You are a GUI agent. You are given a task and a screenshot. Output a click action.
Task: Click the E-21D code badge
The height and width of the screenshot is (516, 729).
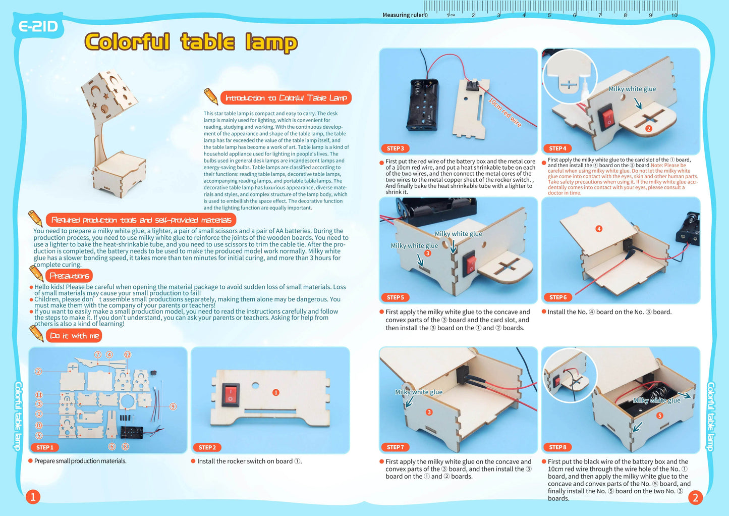tap(38, 26)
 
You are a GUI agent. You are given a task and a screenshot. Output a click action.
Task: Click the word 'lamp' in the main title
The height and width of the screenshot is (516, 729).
tap(271, 42)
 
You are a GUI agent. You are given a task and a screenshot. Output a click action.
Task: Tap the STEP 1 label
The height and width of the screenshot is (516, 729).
tap(45, 447)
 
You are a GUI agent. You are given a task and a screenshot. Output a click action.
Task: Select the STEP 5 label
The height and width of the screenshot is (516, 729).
tap(395, 297)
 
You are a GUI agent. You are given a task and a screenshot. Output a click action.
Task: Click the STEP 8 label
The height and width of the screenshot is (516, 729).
tap(557, 447)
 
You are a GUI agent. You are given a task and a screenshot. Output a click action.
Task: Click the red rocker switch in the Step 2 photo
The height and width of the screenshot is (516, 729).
tap(231, 394)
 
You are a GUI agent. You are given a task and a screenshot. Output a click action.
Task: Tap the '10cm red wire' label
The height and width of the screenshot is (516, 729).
tap(505, 112)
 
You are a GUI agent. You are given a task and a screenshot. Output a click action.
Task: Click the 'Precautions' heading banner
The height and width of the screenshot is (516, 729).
tap(69, 276)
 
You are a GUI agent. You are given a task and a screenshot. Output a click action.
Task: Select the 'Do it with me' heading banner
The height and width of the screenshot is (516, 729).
tap(74, 336)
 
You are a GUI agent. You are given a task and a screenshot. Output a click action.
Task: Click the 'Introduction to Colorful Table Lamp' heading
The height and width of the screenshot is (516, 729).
tap(286, 98)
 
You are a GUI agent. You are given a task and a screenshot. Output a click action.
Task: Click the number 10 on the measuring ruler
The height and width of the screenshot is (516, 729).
tap(674, 15)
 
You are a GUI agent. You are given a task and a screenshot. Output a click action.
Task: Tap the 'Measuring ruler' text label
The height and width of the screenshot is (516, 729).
tap(403, 15)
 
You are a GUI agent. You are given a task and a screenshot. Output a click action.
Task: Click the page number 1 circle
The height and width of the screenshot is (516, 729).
tap(33, 497)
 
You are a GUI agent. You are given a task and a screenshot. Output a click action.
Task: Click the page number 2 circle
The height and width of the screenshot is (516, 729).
tap(695, 498)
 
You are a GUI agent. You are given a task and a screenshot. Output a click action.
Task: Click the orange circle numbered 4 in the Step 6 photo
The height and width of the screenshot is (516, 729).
tap(599, 229)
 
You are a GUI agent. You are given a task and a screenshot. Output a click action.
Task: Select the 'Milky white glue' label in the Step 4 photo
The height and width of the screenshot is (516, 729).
tap(632, 89)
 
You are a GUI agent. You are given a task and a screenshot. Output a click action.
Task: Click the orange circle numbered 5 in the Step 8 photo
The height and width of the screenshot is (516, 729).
tap(659, 416)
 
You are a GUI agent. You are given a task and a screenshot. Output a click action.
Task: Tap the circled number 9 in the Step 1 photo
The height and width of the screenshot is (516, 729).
tap(173, 406)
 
